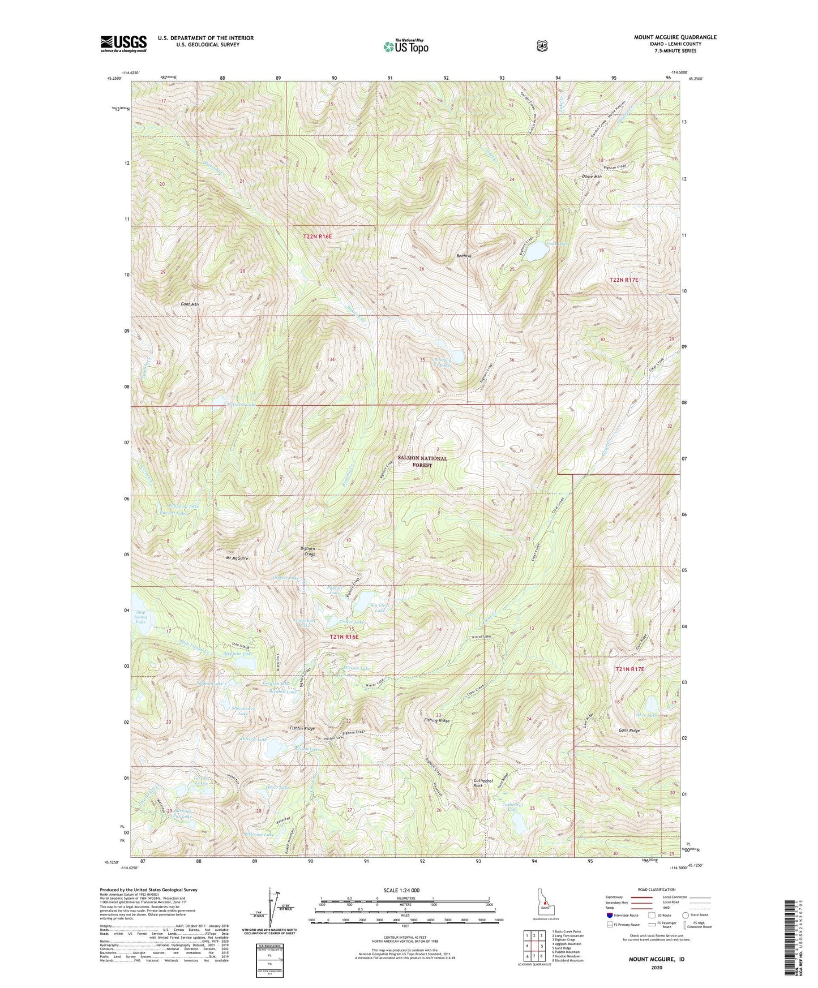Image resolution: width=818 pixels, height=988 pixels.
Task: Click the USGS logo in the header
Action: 123,44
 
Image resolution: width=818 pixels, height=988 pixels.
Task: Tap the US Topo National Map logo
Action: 405,46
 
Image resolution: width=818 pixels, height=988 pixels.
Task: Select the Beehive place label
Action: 464,256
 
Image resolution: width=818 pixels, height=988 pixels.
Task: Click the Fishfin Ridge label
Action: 302,728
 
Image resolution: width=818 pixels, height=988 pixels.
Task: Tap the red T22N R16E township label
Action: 317,237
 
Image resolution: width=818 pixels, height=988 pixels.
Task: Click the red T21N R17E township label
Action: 630,669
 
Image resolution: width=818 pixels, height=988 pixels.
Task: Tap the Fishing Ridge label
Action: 436,720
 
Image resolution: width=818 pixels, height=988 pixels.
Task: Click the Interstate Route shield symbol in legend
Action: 610,914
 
